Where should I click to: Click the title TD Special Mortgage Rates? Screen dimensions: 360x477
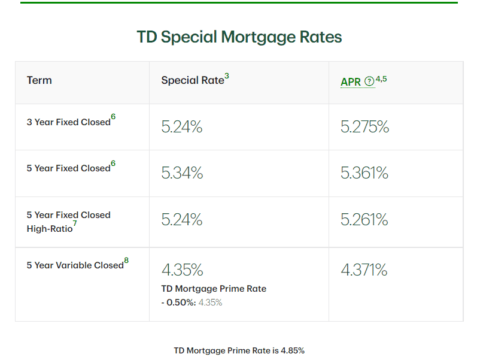(x=239, y=37)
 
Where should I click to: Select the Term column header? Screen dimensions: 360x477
(x=40, y=80)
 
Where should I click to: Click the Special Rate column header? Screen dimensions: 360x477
(x=192, y=80)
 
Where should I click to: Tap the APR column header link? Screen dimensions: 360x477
(x=351, y=82)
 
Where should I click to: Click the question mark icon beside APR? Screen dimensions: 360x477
(x=369, y=81)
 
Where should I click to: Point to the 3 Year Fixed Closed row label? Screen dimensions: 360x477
(x=68, y=122)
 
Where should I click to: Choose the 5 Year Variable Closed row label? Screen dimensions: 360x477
(x=75, y=265)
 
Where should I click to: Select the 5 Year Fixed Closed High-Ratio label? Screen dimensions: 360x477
(x=68, y=222)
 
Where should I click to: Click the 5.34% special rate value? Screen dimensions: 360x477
(x=182, y=173)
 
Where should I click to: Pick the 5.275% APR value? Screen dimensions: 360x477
(x=364, y=127)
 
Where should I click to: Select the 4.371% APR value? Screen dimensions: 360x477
(x=364, y=270)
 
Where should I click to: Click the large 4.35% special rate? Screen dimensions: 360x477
(x=182, y=270)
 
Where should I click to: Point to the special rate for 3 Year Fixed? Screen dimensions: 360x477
(x=182, y=127)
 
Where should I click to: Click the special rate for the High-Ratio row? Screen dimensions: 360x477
(x=182, y=220)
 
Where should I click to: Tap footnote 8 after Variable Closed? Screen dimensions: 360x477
(x=126, y=261)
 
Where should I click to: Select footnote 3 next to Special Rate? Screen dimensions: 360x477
(x=227, y=76)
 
